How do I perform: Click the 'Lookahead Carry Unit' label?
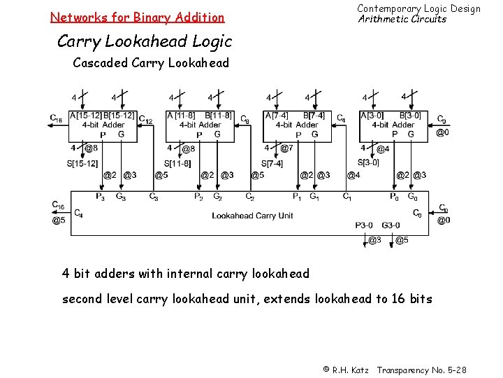[x=252, y=216]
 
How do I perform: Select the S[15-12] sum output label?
[x=83, y=163]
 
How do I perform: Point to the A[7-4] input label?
[x=275, y=115]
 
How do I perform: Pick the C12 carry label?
[x=147, y=120]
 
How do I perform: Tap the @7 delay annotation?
[x=286, y=148]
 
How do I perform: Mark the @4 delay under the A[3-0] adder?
[x=382, y=148]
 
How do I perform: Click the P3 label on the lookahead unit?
[x=101, y=197]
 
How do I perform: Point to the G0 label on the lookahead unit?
[x=413, y=197]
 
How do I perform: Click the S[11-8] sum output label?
[x=177, y=163]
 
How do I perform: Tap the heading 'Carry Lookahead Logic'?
[x=144, y=41]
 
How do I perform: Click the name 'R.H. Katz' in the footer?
[x=350, y=369]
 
